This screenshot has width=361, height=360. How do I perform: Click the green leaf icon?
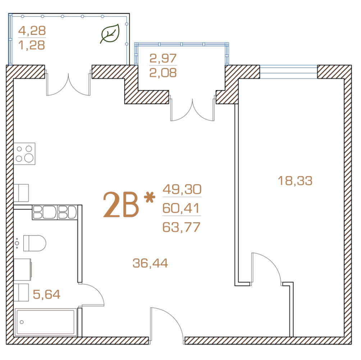[x=110, y=34]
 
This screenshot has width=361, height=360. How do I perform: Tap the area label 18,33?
[x=295, y=181]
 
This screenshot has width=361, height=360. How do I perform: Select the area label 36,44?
[x=150, y=263]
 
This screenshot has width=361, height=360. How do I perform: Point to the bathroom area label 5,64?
[x=46, y=294]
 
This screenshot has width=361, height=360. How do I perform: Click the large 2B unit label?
[x=121, y=205]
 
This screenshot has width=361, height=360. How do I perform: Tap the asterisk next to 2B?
[x=150, y=198]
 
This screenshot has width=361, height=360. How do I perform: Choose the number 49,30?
[x=182, y=189]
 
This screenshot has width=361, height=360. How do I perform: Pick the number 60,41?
[x=181, y=208]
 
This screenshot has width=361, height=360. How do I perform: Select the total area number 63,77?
[x=181, y=227]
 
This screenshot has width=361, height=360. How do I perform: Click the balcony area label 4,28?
[x=32, y=31]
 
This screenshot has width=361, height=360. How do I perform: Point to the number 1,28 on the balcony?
[x=32, y=45]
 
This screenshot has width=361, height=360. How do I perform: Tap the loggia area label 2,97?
[x=163, y=58]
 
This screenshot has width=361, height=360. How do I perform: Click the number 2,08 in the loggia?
[x=163, y=73]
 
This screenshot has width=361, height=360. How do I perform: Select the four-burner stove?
[x=24, y=154]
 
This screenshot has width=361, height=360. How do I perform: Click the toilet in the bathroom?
[x=35, y=243]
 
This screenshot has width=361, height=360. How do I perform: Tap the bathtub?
[x=46, y=322]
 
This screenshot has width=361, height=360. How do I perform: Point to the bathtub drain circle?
[x=22, y=322]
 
